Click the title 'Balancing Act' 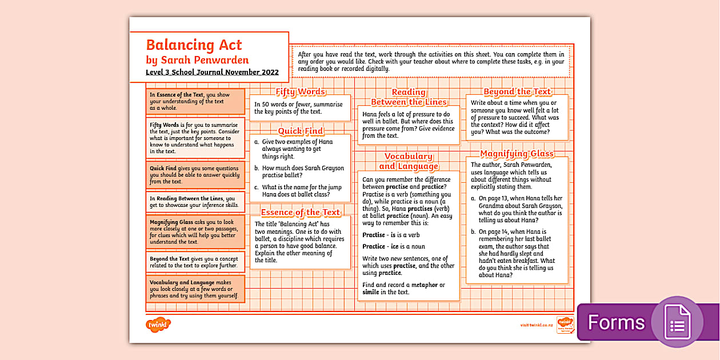(x=194, y=45)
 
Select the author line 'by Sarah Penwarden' (x=197, y=60)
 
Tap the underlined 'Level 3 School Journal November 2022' (x=212, y=72)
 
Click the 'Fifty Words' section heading (x=301, y=91)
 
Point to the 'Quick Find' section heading (x=301, y=131)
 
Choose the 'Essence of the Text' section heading (x=301, y=212)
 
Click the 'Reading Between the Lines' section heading (x=408, y=97)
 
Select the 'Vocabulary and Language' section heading (x=408, y=161)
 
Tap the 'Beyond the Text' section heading (x=517, y=91)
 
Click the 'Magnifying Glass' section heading (x=517, y=153)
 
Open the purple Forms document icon (x=677, y=322)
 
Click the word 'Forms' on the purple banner (x=616, y=322)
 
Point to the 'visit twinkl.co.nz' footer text (x=537, y=325)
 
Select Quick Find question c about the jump (x=303, y=190)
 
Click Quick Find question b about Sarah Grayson (x=303, y=172)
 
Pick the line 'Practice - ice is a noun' (x=394, y=246)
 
